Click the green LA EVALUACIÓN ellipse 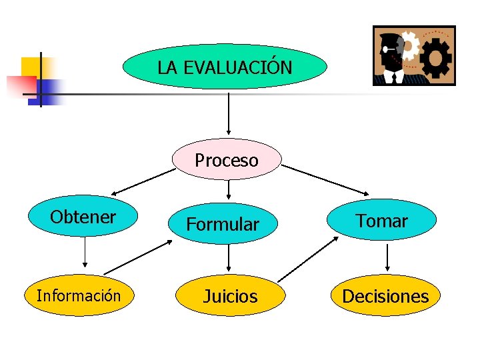coord(225,67)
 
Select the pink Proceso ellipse coord(227,160)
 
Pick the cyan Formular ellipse coord(223,224)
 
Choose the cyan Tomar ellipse coord(382,220)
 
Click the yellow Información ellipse coord(79,295)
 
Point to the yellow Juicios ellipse coord(230,296)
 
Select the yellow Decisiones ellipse coord(385,295)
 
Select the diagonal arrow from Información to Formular coord(138,257)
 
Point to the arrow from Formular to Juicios coord(229,254)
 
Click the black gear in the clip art coord(437,57)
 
